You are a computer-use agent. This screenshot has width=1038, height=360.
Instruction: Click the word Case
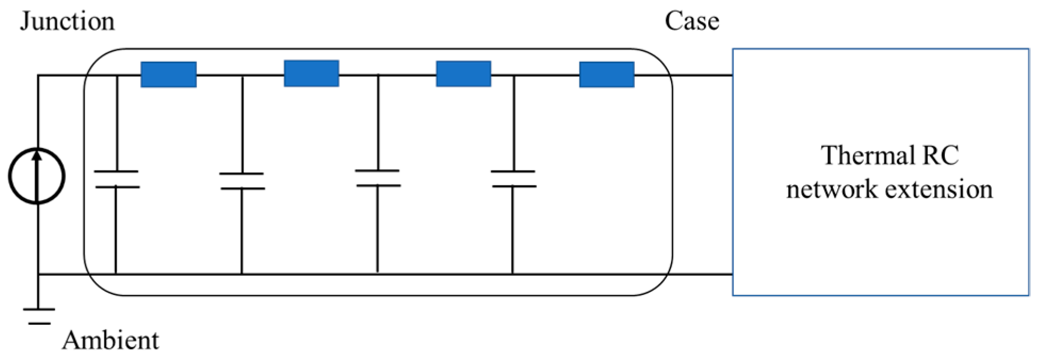coord(691,21)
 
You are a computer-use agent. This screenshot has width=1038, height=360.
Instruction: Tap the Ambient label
coord(110,340)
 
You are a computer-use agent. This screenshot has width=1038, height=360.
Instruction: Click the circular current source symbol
coord(37,176)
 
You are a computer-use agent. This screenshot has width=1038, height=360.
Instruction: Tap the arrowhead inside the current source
coord(37,155)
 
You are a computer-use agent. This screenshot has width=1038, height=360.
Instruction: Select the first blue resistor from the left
coord(168,75)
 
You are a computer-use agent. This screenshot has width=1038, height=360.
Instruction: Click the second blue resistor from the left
coord(311,73)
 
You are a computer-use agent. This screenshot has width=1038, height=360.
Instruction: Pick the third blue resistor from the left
coord(463,73)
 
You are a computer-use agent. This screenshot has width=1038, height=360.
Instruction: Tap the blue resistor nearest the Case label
coord(607,75)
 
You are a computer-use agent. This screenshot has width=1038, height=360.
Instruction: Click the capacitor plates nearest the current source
coord(116,179)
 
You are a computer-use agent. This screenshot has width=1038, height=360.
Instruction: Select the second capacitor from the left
coord(242,181)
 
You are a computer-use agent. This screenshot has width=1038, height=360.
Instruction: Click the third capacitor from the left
coord(378,178)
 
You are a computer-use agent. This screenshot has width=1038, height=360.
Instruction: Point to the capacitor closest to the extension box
coord(513,179)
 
